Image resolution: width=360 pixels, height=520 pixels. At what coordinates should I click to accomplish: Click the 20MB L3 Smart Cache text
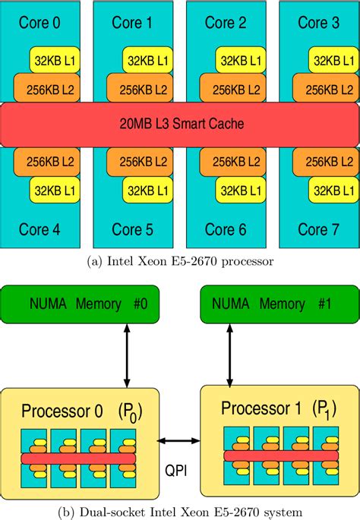(180, 123)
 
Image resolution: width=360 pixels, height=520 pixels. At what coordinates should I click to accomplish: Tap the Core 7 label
(317, 228)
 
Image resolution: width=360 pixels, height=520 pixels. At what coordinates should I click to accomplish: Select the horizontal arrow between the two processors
(179, 441)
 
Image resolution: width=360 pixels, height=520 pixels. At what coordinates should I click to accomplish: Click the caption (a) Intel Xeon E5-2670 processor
(179, 260)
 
